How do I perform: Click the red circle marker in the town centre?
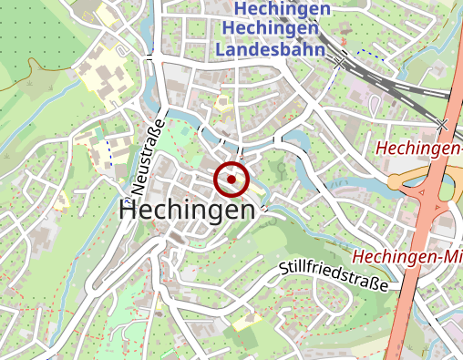(x=231, y=180)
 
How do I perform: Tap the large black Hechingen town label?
(x=187, y=211)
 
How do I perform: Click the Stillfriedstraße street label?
(x=334, y=275)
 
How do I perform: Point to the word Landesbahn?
(x=271, y=49)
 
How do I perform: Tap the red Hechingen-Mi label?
(x=407, y=255)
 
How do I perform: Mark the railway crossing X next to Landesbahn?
(x=339, y=64)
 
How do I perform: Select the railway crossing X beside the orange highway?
(x=442, y=123)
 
